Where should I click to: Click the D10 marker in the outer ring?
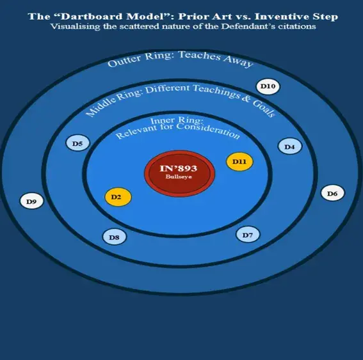tap(268, 86)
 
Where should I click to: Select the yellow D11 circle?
tap(239, 162)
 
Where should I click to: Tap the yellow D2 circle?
tap(118, 197)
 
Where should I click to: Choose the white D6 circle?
tap(332, 193)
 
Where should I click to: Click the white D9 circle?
tap(31, 201)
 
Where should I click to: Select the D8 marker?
tap(115, 237)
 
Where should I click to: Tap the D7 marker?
tap(248, 235)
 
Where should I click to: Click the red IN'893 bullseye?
tap(180, 173)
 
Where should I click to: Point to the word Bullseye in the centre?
tap(179, 177)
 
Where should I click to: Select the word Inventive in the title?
tap(282, 17)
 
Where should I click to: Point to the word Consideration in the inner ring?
tap(208, 130)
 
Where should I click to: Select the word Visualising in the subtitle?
tap(76, 26)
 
